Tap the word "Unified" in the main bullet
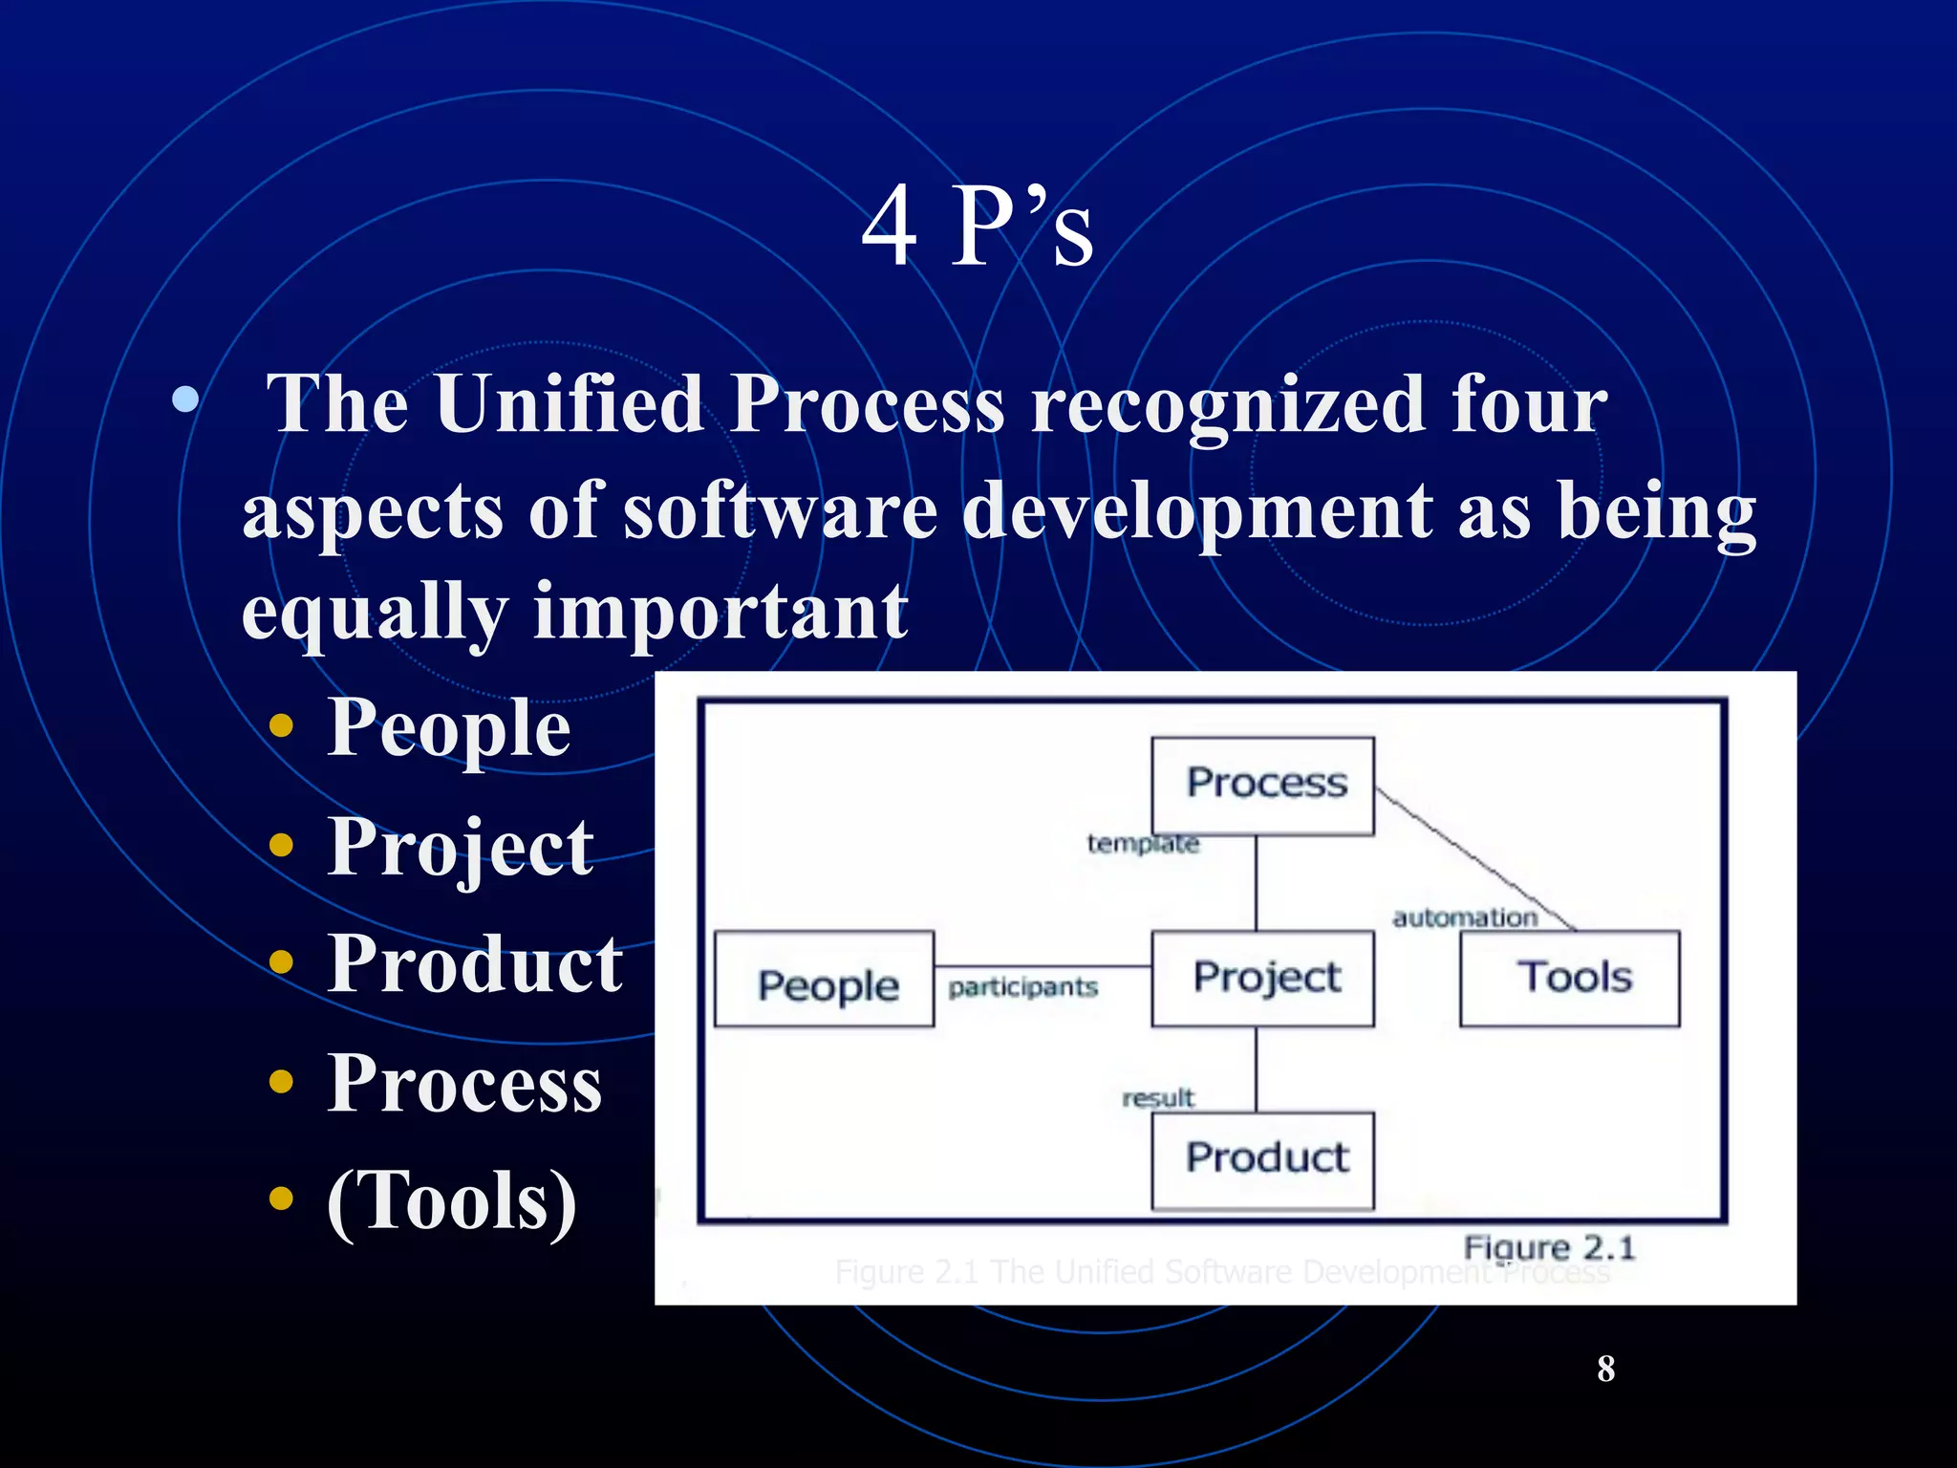pyautogui.click(x=570, y=405)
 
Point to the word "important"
pyautogui.click(x=720, y=612)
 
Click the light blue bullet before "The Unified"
pyautogui.click(x=185, y=399)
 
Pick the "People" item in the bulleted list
pyautogui.click(x=449, y=728)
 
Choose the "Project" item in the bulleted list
pyautogui.click(x=461, y=848)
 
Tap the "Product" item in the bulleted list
pyautogui.click(x=475, y=965)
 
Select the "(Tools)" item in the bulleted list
pyautogui.click(x=451, y=1201)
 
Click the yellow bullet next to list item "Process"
pyautogui.click(x=281, y=1082)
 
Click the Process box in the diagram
pyautogui.click(x=1262, y=785)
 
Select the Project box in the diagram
pyautogui.click(x=1262, y=979)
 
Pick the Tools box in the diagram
pyautogui.click(x=1570, y=979)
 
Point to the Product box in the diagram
pyautogui.click(x=1262, y=1159)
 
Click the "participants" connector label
pyautogui.click(x=1022, y=987)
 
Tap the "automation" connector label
pyautogui.click(x=1465, y=918)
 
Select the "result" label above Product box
pyautogui.click(x=1158, y=1098)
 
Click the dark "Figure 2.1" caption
pyautogui.click(x=1549, y=1247)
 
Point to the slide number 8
pyautogui.click(x=1605, y=1369)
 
